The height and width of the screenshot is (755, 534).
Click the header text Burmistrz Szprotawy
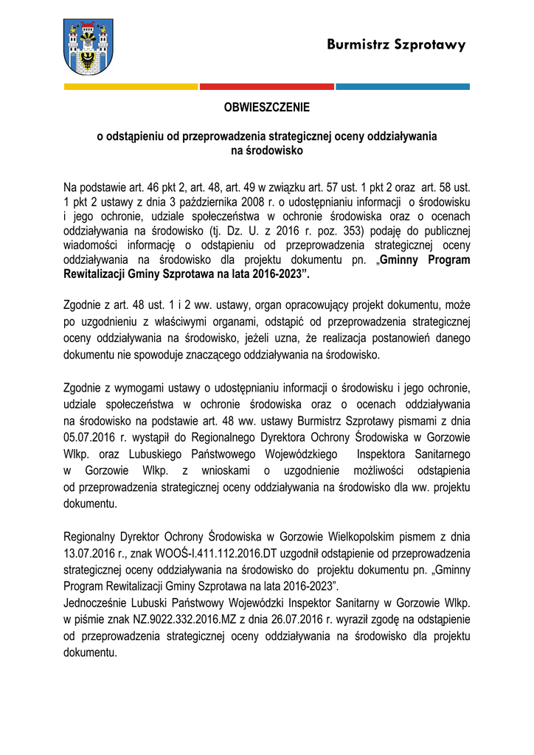pos(397,45)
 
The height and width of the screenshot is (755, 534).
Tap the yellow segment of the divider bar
pos(131,87)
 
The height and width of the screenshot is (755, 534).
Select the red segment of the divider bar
pos(267,87)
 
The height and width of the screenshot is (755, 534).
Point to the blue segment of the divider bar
pos(403,87)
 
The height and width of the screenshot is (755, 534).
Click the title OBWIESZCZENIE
pos(267,108)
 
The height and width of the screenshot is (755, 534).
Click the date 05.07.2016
pos(89,436)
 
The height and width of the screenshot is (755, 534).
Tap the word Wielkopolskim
pos(347,537)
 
